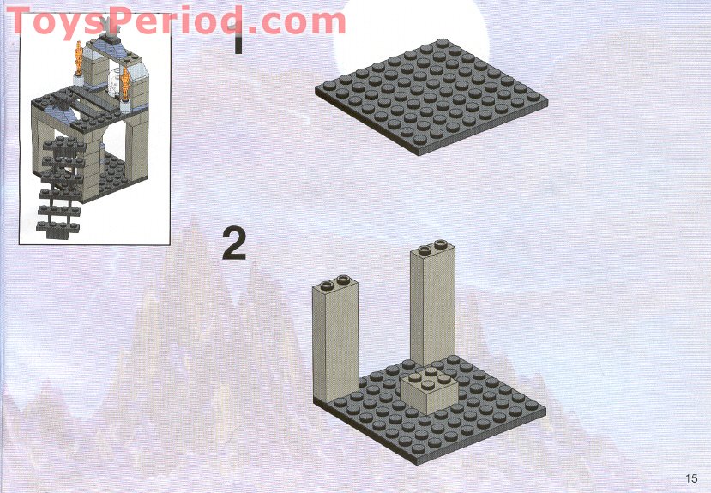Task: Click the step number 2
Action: point(234,243)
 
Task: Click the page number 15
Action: point(691,478)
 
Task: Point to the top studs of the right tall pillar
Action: point(433,248)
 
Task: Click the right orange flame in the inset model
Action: point(126,83)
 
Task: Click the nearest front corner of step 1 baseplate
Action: point(420,153)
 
